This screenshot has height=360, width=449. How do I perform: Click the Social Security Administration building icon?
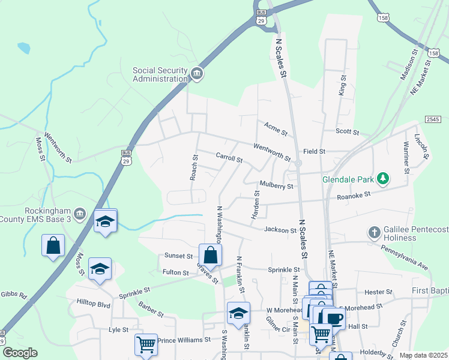(196, 74)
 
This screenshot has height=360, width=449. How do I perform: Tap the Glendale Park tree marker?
(382, 179)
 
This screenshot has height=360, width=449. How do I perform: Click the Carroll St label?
(229, 158)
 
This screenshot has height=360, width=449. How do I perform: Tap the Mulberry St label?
(276, 186)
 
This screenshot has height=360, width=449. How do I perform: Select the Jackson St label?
(277, 230)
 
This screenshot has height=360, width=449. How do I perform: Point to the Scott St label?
(347, 132)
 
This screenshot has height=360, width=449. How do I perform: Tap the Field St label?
(314, 152)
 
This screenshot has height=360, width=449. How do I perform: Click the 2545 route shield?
(432, 121)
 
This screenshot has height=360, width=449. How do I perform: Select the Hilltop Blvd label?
(94, 304)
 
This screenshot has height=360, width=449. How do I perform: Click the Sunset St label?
(178, 256)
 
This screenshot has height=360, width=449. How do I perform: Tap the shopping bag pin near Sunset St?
(210, 254)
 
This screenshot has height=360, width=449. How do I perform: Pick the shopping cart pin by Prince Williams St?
(146, 344)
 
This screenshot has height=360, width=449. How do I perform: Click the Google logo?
(20, 353)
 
